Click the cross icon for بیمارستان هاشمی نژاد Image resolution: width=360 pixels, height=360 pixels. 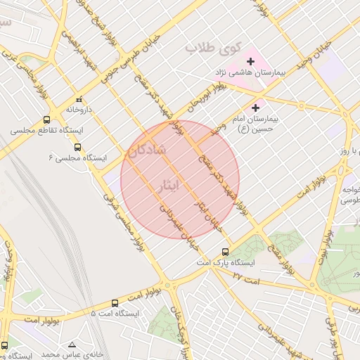[250, 62]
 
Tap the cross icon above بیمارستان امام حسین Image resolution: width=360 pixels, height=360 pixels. [255, 108]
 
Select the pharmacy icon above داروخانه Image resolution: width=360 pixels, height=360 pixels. [79, 100]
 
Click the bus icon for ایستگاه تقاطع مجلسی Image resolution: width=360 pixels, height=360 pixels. [46, 120]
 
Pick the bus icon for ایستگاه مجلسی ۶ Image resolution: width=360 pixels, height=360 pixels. [77, 148]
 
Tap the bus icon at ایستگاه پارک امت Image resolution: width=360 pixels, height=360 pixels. [225, 252]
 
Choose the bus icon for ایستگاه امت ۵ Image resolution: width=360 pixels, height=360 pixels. [115, 303]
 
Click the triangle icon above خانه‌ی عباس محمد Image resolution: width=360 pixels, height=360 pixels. [71, 345]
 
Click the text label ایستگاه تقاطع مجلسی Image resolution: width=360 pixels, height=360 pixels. [47, 131]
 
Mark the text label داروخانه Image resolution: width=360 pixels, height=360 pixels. [79, 110]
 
